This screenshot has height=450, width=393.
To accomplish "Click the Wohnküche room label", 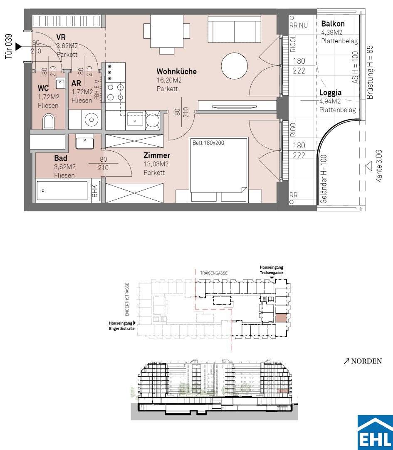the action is click(176, 72).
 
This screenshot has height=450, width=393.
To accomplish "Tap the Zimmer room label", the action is click(157, 155).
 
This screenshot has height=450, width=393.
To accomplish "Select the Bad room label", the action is click(61, 158).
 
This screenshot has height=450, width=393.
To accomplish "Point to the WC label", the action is click(43, 88).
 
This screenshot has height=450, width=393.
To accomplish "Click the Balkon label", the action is click(333, 23).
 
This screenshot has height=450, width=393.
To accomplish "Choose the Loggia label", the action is click(330, 92).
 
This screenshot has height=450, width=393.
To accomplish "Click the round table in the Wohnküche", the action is click(234, 66).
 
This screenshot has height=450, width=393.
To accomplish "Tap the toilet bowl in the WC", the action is click(48, 121).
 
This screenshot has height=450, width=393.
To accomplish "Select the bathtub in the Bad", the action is click(62, 190).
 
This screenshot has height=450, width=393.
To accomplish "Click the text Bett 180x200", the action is click(208, 142).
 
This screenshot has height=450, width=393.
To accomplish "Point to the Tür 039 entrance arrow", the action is click(18, 47).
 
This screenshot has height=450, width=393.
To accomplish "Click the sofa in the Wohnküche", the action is click(235, 29).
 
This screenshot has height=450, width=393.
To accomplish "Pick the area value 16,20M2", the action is click(169, 80).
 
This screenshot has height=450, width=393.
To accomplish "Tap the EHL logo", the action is click(375, 432).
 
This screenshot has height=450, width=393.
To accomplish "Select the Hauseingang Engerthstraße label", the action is click(122, 326).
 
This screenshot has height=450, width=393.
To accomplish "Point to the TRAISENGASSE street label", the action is click(214, 273).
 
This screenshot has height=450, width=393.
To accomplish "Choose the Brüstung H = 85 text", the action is click(370, 72).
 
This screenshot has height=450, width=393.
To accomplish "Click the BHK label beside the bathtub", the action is click(95, 190).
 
